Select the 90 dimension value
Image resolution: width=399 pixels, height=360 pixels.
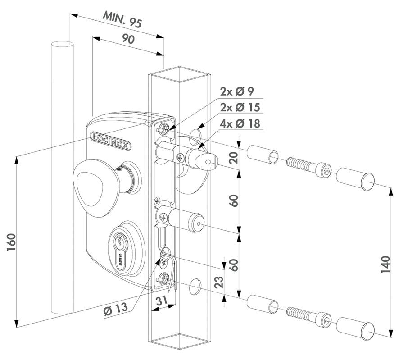pos(128,40)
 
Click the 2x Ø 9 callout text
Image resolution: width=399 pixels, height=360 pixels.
pos(237,91)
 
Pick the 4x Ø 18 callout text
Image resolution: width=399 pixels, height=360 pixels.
pos(240,123)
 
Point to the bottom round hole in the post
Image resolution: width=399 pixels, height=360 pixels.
pos(195,284)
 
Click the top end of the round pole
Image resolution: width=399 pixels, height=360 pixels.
pos(63,44)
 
